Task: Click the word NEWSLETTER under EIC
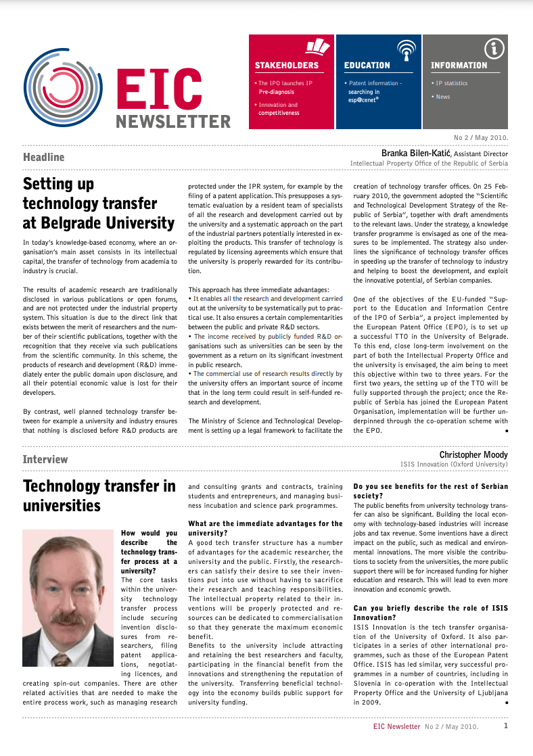click(173, 122)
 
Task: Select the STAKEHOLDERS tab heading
click(286, 66)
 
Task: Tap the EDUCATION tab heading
click(367, 66)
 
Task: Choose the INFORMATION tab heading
click(459, 66)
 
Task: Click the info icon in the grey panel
click(495, 48)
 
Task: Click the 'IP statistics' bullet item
click(451, 83)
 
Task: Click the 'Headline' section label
click(43, 158)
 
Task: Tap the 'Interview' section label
click(45, 460)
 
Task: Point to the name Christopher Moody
click(473, 455)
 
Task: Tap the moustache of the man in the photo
click(66, 619)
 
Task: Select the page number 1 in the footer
click(506, 726)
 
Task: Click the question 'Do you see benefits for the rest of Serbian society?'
click(430, 491)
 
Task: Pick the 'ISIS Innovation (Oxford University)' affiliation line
click(453, 465)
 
